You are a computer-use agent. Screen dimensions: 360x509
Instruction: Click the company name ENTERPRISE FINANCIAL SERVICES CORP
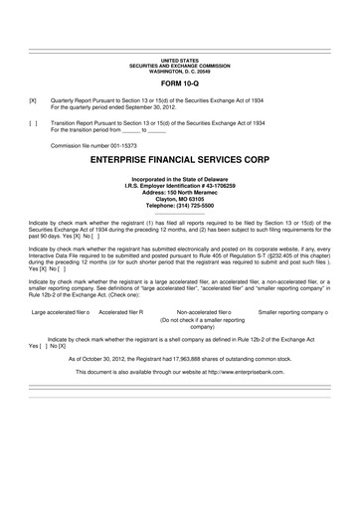click(179, 158)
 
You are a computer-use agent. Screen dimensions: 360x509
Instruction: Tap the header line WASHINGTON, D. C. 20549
click(179, 72)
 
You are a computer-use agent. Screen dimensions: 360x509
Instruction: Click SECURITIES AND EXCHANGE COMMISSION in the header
click(179, 66)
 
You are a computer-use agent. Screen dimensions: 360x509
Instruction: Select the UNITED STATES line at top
click(179, 61)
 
